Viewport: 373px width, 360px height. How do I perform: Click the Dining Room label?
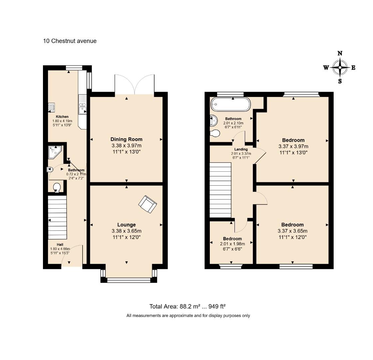coord(126,139)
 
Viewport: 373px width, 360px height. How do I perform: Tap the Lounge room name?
coord(127,225)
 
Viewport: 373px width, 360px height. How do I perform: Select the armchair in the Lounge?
coord(148,204)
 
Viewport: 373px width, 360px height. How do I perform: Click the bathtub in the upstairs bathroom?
coord(230,104)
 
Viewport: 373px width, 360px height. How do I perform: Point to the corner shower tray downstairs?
coord(55,152)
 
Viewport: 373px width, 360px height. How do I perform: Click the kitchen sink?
coord(82,104)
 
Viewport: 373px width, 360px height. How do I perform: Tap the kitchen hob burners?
coord(51,107)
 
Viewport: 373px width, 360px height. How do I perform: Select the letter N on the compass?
coord(340,53)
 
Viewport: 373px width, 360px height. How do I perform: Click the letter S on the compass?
coord(340,81)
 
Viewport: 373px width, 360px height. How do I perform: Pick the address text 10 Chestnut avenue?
coord(70,41)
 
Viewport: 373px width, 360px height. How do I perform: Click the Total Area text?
coord(187,306)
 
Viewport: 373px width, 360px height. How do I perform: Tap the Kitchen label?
coord(62,117)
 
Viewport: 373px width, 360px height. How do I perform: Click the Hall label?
coord(60,245)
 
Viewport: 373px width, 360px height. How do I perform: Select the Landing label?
coord(241,149)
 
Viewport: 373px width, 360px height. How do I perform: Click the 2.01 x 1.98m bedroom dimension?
coord(232,244)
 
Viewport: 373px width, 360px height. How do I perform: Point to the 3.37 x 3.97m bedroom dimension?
coord(293,146)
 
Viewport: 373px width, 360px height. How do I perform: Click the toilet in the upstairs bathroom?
coord(215,133)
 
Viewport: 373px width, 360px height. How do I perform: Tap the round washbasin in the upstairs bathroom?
coord(213,120)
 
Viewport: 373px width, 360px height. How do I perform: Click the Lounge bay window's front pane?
coord(129,280)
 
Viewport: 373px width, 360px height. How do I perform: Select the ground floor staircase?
coord(57,217)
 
